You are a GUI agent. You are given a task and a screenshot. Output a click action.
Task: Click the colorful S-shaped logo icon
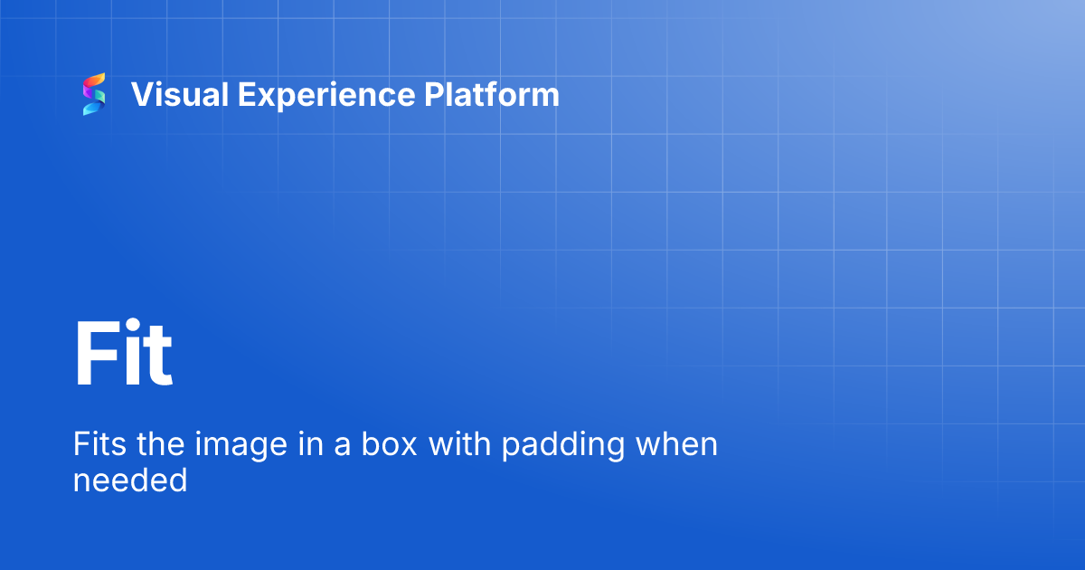click(94, 94)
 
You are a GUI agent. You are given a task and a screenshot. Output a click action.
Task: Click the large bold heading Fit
click(123, 355)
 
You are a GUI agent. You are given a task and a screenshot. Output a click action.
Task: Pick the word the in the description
click(162, 444)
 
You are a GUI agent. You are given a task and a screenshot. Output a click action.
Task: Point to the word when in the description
click(677, 444)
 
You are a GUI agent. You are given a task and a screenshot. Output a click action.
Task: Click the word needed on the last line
click(130, 480)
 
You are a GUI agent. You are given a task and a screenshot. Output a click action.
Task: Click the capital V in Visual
click(141, 94)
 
